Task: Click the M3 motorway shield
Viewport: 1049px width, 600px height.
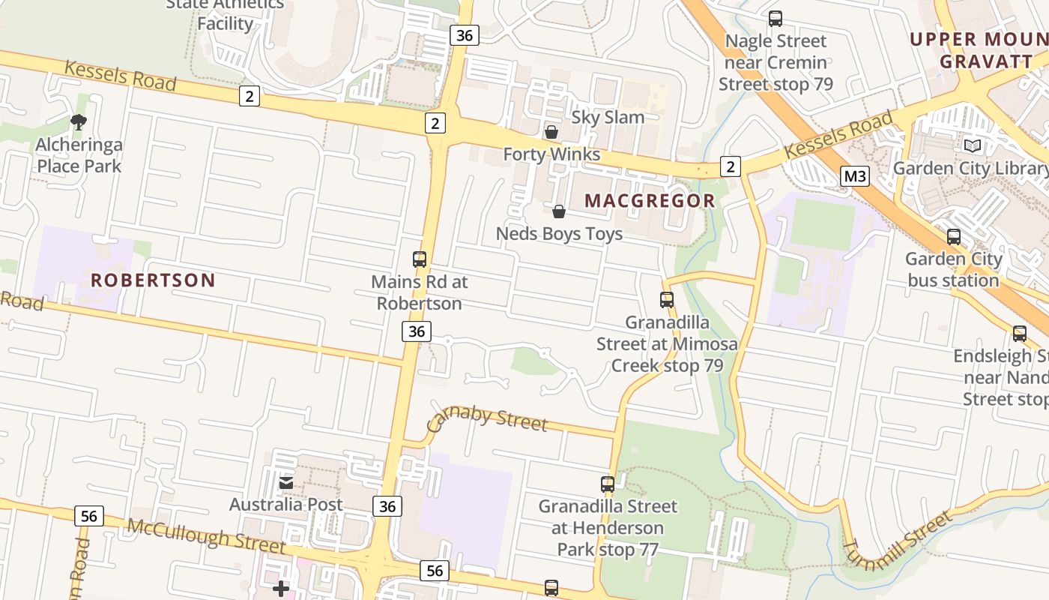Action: (x=854, y=177)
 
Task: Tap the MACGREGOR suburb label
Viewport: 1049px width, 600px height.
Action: (x=650, y=201)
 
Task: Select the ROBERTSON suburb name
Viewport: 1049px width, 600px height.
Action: (x=153, y=280)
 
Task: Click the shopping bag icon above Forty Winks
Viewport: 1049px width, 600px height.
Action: (x=551, y=133)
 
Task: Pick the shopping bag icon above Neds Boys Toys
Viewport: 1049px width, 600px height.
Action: (x=558, y=212)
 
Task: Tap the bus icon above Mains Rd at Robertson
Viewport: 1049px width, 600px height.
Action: (x=420, y=259)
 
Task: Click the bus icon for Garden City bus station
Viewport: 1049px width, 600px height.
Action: (x=954, y=237)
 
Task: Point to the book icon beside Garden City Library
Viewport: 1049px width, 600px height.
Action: (x=973, y=146)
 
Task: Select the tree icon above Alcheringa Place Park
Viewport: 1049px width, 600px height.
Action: (x=79, y=122)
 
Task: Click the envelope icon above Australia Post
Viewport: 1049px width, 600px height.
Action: (x=286, y=483)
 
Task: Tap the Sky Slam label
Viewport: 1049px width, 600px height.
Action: (x=608, y=117)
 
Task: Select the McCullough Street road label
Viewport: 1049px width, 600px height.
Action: (x=206, y=535)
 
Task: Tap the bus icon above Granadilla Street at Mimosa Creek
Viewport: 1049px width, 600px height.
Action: (x=667, y=300)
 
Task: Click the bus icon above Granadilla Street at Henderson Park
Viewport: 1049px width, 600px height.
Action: (x=608, y=484)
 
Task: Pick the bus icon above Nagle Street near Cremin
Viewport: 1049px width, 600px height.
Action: (x=776, y=19)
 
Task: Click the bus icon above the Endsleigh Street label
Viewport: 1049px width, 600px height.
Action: (x=1020, y=334)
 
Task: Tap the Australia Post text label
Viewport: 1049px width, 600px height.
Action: (x=286, y=505)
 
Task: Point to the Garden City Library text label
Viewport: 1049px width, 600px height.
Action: (x=970, y=168)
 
